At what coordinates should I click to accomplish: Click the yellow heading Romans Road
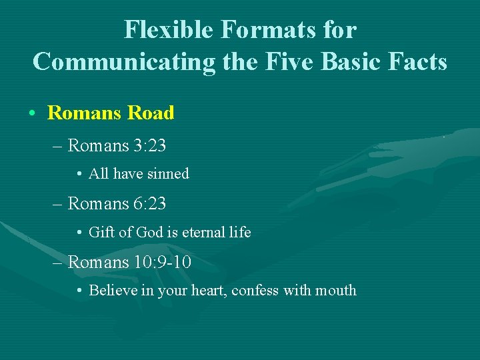click(111, 113)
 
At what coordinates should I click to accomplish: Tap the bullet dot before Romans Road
click(32, 113)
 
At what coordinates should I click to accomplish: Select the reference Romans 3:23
click(117, 145)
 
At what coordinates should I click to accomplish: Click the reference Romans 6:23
click(117, 203)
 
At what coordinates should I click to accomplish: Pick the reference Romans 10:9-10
click(129, 262)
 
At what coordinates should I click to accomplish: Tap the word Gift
click(101, 233)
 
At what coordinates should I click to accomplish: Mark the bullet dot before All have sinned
click(79, 175)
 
